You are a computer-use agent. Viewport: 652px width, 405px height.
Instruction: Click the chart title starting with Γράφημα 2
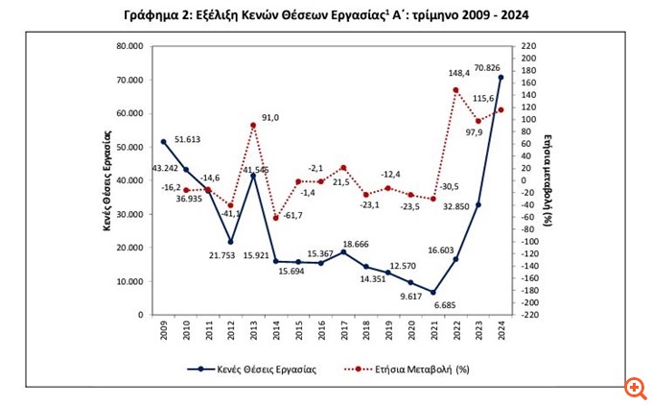click(325, 14)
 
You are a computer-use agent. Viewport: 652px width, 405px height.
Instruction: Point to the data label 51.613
click(188, 140)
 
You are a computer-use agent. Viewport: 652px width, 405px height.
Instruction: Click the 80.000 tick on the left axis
click(128, 46)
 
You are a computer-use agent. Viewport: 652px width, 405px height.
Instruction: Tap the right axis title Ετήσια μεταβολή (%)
click(549, 179)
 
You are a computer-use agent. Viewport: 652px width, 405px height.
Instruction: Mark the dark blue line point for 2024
click(501, 78)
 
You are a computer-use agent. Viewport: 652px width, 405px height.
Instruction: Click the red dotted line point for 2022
click(455, 90)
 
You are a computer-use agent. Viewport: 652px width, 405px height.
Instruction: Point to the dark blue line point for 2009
click(163, 142)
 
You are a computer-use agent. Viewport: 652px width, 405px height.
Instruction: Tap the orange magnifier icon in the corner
click(634, 389)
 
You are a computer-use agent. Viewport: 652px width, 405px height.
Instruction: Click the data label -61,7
click(291, 216)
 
